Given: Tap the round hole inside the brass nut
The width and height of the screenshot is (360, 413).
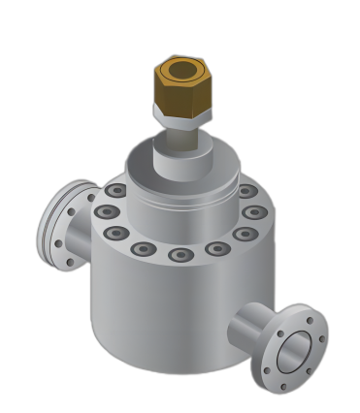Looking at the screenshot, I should [x=181, y=70].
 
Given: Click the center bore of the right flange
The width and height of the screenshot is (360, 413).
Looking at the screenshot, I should [x=294, y=351].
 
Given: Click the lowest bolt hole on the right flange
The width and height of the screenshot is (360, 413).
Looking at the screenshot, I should [x=282, y=386].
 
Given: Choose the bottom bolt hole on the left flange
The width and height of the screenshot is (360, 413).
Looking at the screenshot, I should [x=69, y=261].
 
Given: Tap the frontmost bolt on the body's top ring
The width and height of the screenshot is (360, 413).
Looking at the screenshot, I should [x=180, y=255].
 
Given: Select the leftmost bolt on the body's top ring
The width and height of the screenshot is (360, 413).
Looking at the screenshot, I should [x=108, y=212].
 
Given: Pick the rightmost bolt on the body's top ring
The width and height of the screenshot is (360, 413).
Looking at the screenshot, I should [x=254, y=212].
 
